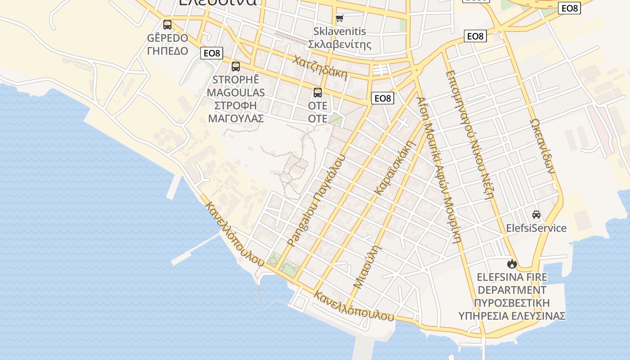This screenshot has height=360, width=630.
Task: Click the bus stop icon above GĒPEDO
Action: pos(167,25)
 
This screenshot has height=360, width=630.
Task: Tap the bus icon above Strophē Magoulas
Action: pos(236,67)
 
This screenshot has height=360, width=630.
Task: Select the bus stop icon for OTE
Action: pos(318,93)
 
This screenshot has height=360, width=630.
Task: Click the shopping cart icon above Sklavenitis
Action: pos(340,18)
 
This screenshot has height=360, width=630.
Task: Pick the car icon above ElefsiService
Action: pos(536,215)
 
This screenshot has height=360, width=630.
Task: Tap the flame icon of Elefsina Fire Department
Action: pos(512,264)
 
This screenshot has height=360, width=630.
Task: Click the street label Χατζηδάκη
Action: pos(320,67)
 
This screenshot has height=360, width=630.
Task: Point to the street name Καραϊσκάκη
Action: pos(394,168)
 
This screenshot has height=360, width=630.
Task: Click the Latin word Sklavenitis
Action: pos(340,31)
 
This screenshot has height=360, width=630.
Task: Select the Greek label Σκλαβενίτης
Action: pos(340,44)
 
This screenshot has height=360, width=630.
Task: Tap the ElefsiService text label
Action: pos(536,228)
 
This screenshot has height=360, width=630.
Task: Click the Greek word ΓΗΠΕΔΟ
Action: pos(167,50)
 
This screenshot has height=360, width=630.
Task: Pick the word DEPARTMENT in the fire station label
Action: pos(512,290)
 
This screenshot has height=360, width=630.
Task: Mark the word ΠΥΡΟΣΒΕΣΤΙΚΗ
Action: pos(512,302)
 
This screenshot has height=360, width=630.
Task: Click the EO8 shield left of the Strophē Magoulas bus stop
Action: pos(211,53)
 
